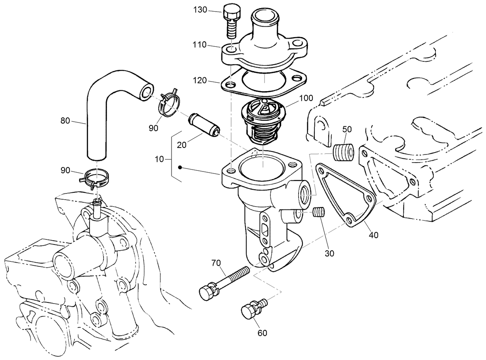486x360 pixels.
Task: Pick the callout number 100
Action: [306, 98]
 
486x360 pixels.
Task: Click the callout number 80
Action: [65, 121]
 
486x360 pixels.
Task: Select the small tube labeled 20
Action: [203, 124]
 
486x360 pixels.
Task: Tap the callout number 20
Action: [182, 145]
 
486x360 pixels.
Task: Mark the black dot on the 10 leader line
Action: [180, 168]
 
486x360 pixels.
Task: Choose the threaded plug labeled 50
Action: [343, 153]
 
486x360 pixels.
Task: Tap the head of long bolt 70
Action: [207, 292]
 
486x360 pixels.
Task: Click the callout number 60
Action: [262, 333]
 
